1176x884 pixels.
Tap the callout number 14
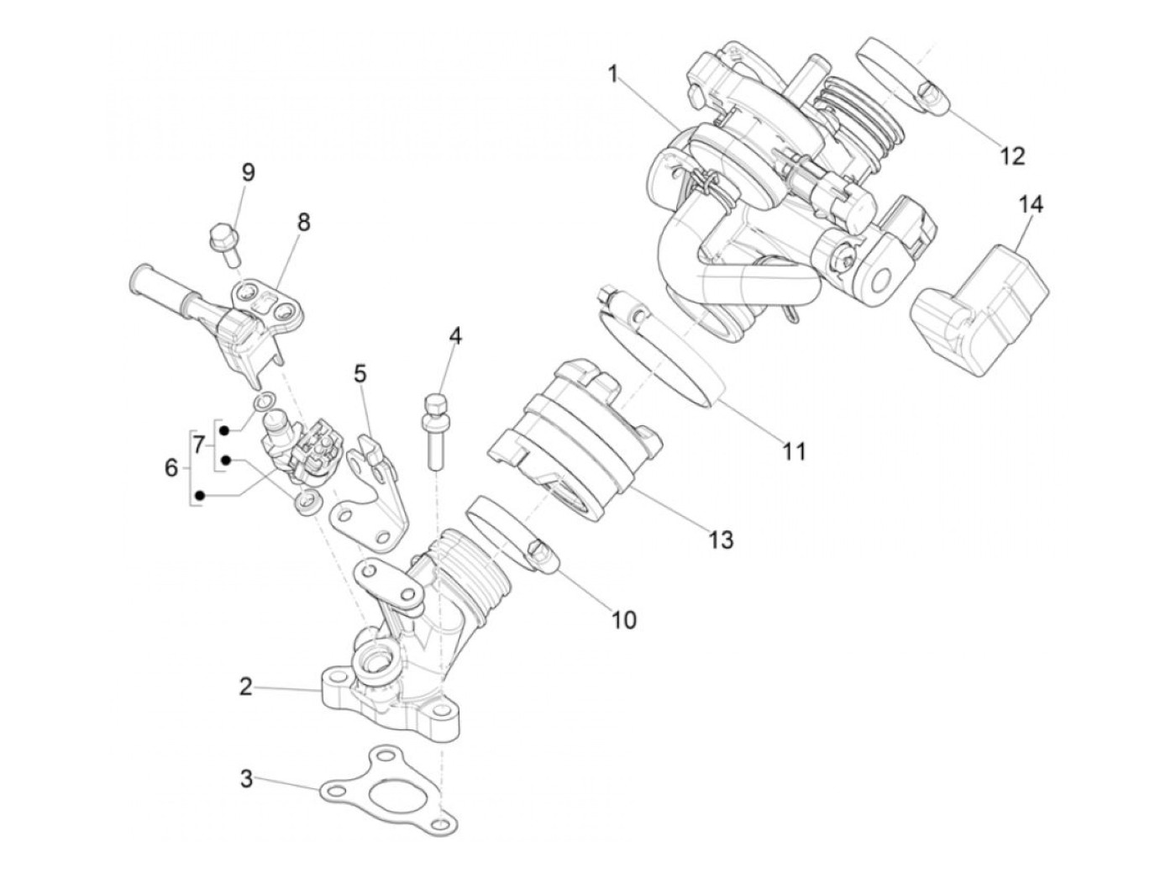click(x=1032, y=204)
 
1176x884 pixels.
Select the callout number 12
click(x=1013, y=155)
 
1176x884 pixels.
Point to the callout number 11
click(x=794, y=451)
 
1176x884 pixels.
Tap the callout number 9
click(x=249, y=172)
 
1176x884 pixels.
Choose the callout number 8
click(x=303, y=222)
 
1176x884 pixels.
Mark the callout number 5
click(x=360, y=373)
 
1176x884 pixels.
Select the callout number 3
click(x=246, y=779)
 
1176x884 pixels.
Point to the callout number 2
click(x=245, y=687)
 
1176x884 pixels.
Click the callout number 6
click(x=171, y=467)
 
